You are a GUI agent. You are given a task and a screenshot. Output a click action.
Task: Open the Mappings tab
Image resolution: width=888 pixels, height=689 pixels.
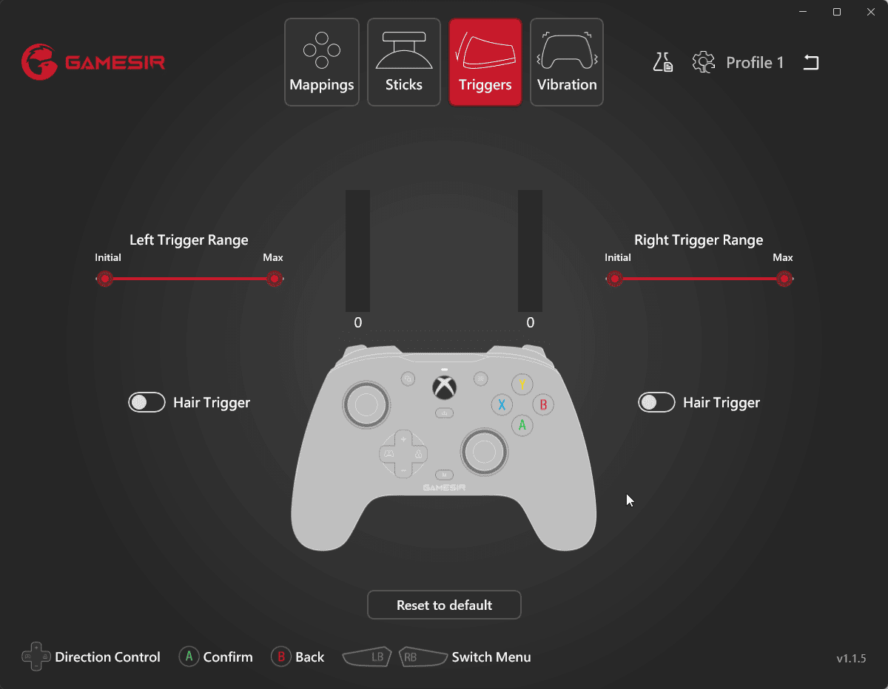[x=322, y=62]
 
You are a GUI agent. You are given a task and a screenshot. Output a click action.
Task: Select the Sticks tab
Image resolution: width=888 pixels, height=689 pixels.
[x=404, y=62]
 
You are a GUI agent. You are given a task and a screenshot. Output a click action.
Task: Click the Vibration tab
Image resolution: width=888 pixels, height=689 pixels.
[x=566, y=62]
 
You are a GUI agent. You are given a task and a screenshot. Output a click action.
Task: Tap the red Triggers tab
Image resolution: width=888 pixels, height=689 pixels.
[x=485, y=62]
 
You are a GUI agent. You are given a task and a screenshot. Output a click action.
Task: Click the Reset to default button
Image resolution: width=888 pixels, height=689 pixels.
[x=444, y=605]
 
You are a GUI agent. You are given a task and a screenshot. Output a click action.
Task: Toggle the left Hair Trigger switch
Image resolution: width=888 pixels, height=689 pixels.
[x=147, y=402]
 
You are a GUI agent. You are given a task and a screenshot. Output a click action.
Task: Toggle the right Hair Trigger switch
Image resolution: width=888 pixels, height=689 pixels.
[x=656, y=402]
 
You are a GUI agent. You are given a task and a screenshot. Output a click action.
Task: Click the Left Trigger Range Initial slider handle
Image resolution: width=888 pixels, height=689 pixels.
[x=105, y=279]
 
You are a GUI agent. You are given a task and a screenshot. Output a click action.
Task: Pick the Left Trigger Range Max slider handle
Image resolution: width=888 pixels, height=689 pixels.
[x=275, y=279]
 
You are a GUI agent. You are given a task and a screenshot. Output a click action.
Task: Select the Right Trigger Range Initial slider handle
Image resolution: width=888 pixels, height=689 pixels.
[x=614, y=279]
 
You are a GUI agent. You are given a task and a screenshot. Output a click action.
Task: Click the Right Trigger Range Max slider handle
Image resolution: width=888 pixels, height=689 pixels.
[x=784, y=279]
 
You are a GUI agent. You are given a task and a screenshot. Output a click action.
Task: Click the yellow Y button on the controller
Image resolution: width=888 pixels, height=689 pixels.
[x=522, y=384]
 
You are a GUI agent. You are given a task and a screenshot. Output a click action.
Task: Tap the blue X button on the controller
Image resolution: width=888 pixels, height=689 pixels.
[x=502, y=404]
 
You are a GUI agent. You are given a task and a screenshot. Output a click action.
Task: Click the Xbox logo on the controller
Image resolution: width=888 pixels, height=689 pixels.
[x=444, y=387]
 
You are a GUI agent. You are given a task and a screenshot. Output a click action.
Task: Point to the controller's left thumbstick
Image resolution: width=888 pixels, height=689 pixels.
[x=366, y=405]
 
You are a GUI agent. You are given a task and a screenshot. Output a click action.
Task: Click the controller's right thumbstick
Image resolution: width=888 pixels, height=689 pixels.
[x=484, y=452]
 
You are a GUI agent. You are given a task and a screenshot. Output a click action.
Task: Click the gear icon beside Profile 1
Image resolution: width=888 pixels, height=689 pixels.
[x=703, y=62]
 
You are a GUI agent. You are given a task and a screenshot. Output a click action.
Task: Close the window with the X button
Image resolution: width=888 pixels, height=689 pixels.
[x=871, y=13]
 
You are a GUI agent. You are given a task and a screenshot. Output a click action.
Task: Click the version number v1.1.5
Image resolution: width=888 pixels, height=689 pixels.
[x=851, y=659]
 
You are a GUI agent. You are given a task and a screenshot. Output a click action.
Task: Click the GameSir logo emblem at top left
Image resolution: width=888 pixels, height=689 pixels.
[x=39, y=62]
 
